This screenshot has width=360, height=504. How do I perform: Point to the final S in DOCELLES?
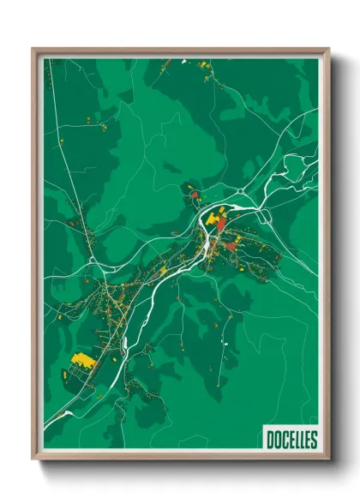pyautogui.click(x=314, y=440)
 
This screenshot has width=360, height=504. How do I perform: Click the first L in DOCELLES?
pyautogui.click(x=295, y=440)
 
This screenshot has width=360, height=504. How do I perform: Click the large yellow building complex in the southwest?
pyautogui.click(x=83, y=359)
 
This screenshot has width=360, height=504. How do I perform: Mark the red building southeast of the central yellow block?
pyautogui.click(x=230, y=246)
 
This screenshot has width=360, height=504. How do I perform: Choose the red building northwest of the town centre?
pyautogui.click(x=195, y=195)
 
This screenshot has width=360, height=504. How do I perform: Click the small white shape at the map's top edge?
pyautogui.click(x=183, y=62)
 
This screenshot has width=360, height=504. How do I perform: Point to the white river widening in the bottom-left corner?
pyautogui.click(x=60, y=416)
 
